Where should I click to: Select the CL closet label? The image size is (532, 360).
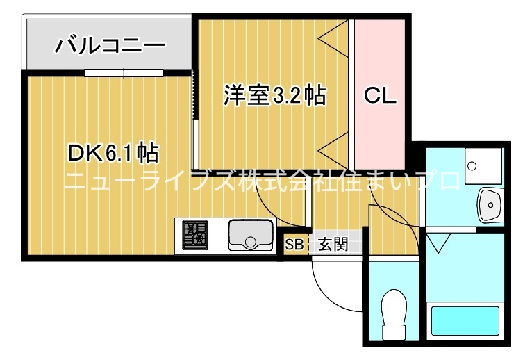point(381,96)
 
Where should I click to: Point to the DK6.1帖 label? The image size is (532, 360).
point(111,152)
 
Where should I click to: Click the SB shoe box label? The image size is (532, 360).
point(294,245)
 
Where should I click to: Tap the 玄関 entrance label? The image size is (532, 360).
point(333,245)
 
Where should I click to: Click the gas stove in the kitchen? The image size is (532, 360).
point(195,234)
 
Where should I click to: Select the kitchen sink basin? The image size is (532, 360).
point(251,235)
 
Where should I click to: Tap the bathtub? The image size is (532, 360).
point(467,320)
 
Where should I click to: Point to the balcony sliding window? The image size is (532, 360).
point(124,72)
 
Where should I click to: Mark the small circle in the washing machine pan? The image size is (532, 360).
point(472,167)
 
